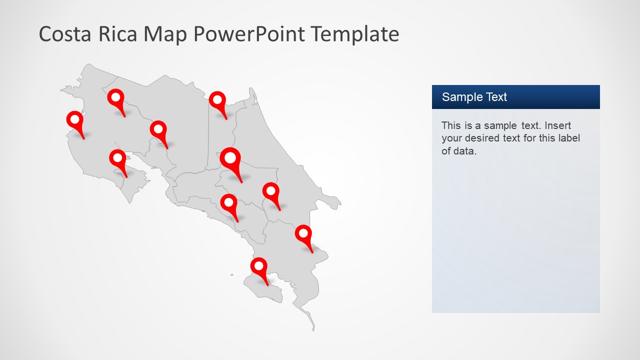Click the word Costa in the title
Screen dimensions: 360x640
coord(63,34)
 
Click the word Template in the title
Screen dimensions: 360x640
coord(354,34)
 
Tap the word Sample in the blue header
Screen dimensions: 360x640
coord(460,97)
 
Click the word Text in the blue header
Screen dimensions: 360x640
coord(494,97)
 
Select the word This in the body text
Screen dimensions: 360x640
coord(451,125)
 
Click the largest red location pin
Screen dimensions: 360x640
coord(230,159)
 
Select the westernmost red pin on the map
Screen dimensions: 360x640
coord(74,120)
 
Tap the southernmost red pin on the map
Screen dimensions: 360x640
coord(259,266)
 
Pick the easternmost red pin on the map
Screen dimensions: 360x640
coord(303,233)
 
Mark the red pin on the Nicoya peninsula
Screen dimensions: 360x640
coord(117,158)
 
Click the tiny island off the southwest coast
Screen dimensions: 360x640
coord(231,274)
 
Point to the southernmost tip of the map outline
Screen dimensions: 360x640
coord(313,330)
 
